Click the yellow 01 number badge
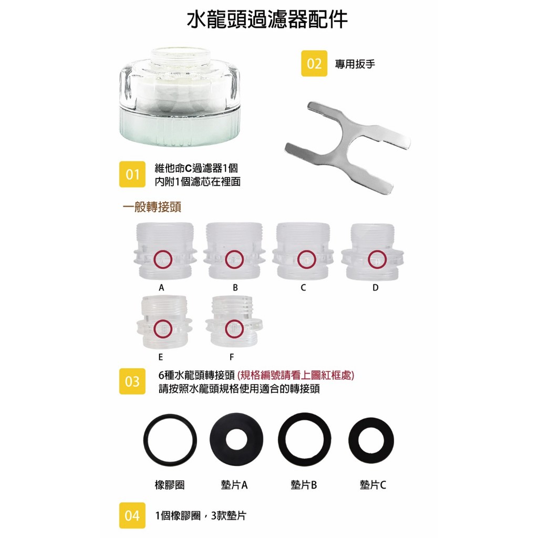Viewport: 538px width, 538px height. point(132,174)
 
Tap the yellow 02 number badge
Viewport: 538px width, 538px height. point(314,64)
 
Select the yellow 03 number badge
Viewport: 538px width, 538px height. point(132,381)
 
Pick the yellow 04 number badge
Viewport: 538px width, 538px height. point(132,515)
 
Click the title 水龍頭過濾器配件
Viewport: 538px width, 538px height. point(267,19)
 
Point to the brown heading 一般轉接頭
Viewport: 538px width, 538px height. point(152,207)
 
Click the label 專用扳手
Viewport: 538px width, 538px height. point(355,64)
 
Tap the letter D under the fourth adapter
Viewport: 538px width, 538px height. point(375,287)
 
